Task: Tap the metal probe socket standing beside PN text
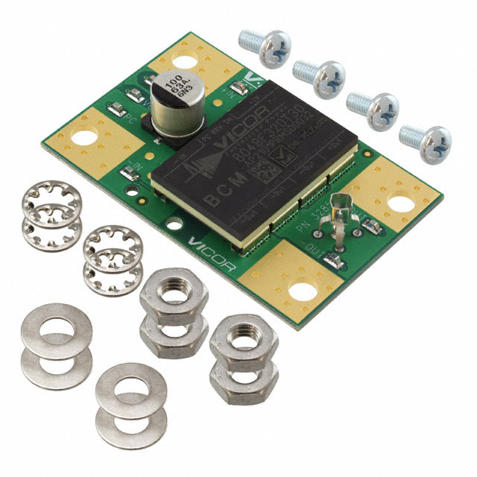coord(342,205)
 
